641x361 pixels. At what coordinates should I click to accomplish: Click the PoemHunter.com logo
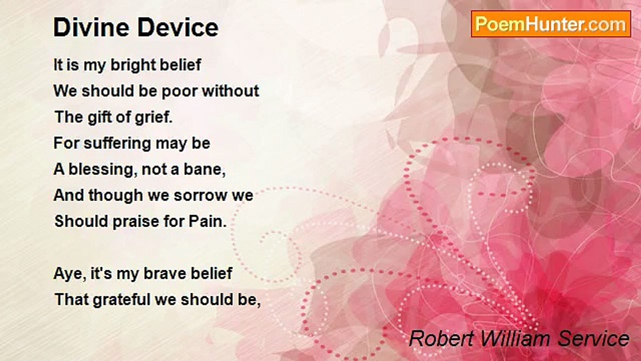(x=551, y=24)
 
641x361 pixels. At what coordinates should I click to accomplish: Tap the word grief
(x=154, y=117)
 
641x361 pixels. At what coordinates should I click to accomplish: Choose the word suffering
(x=117, y=143)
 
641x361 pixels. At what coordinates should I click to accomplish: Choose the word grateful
(x=122, y=300)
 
